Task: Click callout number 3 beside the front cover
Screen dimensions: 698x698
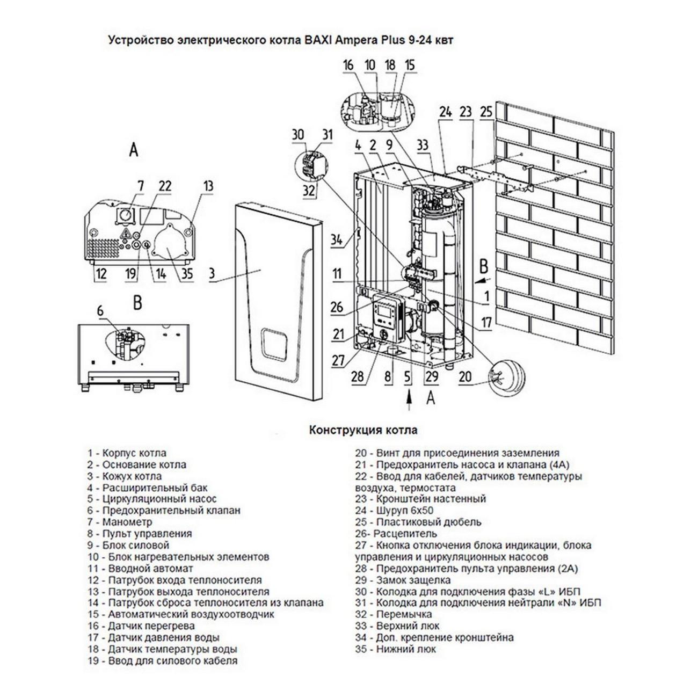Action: tap(212, 273)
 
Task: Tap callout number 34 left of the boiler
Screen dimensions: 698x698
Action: tap(337, 239)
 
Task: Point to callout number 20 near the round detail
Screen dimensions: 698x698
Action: tap(466, 376)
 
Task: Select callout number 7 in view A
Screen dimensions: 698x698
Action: tap(141, 186)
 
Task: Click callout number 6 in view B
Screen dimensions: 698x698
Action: tap(99, 310)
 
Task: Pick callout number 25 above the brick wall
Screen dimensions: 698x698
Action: tap(486, 112)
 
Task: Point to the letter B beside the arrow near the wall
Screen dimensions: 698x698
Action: tap(483, 266)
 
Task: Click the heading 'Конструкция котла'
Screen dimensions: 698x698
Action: tap(363, 430)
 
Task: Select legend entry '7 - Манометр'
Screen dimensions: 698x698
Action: tap(120, 522)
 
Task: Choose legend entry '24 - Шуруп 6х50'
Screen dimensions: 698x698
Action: tap(394, 511)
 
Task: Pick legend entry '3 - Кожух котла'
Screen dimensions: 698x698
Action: tap(125, 476)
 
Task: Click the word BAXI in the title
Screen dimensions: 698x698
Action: tap(304, 40)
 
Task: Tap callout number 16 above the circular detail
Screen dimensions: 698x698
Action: tap(349, 66)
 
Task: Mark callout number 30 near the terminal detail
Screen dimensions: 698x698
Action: tap(298, 135)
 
